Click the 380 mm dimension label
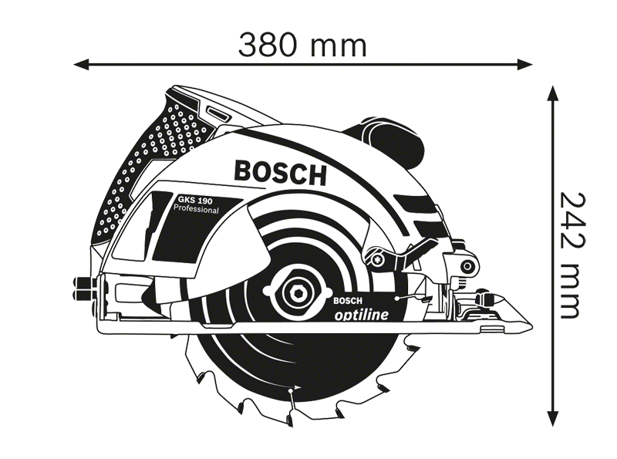click(302, 46)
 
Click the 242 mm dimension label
click(570, 255)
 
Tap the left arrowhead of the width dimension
click(82, 64)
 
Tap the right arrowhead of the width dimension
click(524, 64)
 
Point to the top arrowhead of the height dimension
click(553, 93)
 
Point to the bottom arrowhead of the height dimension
click(553, 418)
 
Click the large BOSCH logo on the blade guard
click(280, 173)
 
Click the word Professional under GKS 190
click(197, 209)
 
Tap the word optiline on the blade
click(361, 315)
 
